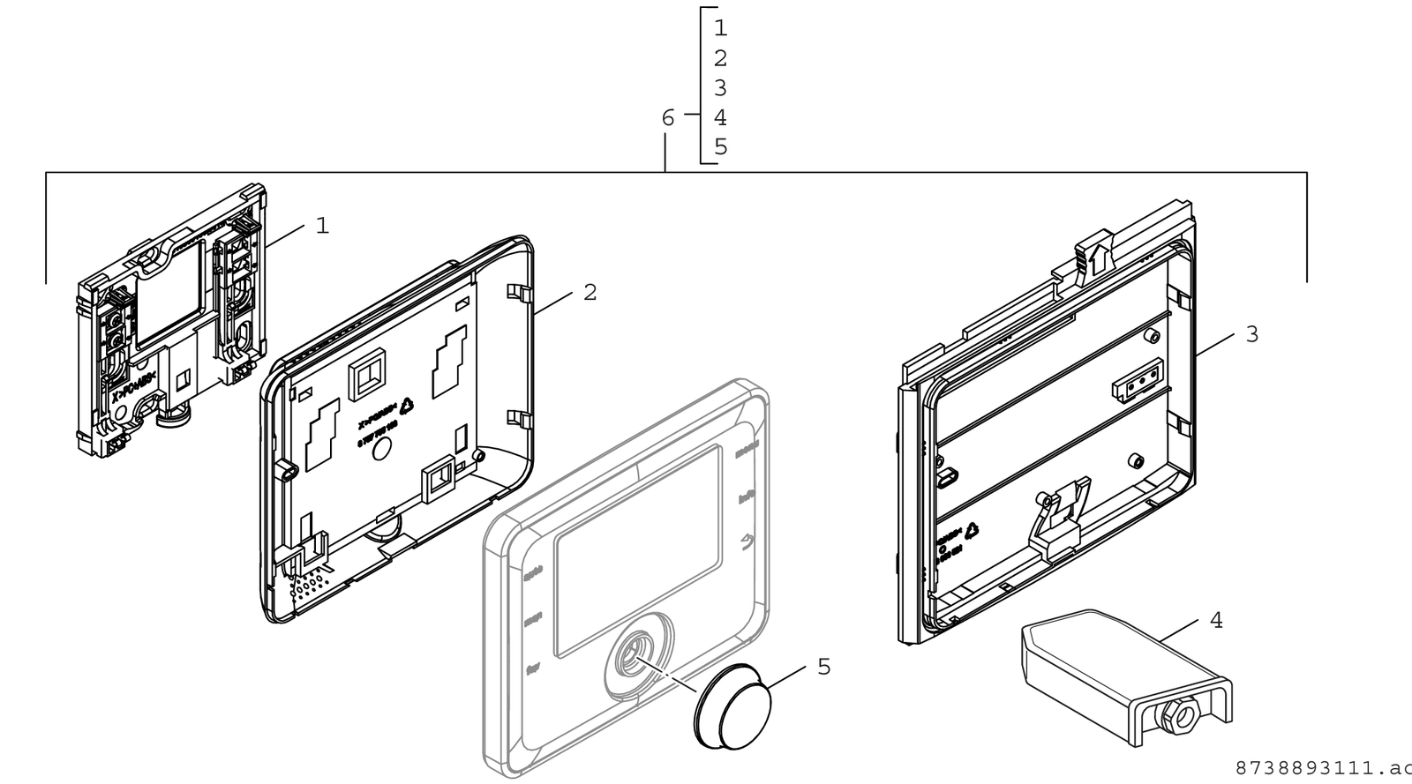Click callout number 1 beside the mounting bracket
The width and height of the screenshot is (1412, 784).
[322, 226]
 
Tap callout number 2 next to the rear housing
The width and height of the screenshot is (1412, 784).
[590, 292]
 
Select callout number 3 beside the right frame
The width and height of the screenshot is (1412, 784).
[1251, 334]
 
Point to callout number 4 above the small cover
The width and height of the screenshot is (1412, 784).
[1216, 621]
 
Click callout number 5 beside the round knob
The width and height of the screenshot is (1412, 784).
[823, 667]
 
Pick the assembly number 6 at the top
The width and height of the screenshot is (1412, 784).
[668, 117]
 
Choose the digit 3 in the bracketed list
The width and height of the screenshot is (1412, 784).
[720, 88]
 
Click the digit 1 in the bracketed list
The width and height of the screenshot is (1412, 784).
[720, 28]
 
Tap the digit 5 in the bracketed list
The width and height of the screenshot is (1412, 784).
[720, 147]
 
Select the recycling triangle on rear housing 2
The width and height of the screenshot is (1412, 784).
[407, 407]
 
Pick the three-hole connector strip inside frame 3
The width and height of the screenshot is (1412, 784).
[1134, 381]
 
